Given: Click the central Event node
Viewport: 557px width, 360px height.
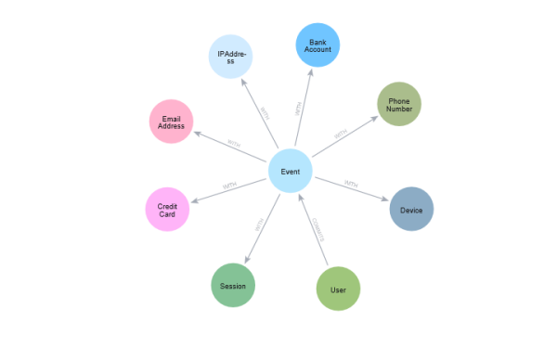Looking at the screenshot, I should pyautogui.click(x=291, y=172).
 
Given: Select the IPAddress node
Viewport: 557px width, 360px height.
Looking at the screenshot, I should pyautogui.click(x=231, y=58).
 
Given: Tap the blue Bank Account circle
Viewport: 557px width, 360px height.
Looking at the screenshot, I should pyautogui.click(x=318, y=45).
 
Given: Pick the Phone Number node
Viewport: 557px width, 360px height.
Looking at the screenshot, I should pyautogui.click(x=399, y=104).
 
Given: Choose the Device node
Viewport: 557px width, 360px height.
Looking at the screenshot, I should pyautogui.click(x=411, y=209).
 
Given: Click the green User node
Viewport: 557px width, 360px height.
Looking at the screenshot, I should pyautogui.click(x=338, y=289).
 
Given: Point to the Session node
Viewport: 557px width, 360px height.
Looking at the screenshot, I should pyautogui.click(x=233, y=286).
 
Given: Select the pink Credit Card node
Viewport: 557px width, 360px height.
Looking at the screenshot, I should pyautogui.click(x=167, y=210).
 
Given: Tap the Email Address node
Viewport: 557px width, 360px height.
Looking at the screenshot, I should pyautogui.click(x=172, y=122).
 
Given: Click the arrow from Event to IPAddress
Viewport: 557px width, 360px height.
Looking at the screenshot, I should pyautogui.click(x=263, y=115).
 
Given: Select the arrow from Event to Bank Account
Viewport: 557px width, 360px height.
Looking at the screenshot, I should pyautogui.click(x=300, y=109).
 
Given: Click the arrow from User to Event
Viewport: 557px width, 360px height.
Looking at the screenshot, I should pyautogui.click(x=317, y=227).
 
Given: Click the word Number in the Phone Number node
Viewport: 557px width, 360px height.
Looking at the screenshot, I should pyautogui.click(x=399, y=109).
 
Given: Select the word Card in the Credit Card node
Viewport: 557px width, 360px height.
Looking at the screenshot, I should pyautogui.click(x=167, y=215).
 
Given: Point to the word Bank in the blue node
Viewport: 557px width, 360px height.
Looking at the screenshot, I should pyautogui.click(x=318, y=41).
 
